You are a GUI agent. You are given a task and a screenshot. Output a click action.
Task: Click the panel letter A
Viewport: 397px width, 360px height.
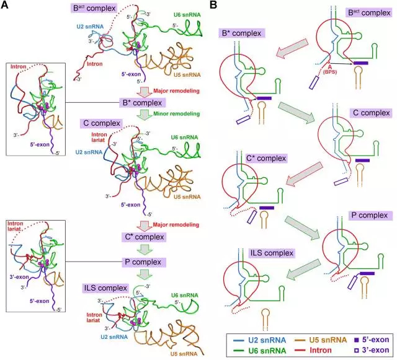click(4, 5)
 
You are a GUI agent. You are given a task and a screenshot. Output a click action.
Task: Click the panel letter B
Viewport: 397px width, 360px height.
click(213, 5)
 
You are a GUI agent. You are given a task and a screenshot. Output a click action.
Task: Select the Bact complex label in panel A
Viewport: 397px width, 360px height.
click(94, 8)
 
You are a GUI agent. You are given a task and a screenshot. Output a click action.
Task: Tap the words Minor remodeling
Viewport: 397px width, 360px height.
click(176, 114)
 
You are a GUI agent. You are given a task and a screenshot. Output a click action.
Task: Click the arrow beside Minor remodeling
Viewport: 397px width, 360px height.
click(145, 114)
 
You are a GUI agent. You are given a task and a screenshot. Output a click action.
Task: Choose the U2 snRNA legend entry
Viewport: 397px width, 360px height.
click(259, 340)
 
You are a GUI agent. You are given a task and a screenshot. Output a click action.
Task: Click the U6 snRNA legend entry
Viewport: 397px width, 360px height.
click(259, 350)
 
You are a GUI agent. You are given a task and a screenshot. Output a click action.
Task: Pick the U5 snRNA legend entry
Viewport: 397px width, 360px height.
click(321, 340)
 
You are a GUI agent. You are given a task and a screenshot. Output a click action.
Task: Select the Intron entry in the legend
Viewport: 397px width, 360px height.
click(313, 350)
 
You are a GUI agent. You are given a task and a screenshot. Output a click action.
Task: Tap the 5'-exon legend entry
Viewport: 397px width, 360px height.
click(372, 340)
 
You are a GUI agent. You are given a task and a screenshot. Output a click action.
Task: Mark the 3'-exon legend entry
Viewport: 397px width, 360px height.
click(372, 350)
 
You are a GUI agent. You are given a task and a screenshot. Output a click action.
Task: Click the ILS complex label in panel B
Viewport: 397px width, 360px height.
click(272, 253)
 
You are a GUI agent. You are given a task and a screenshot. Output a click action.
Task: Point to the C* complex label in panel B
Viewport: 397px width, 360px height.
click(266, 159)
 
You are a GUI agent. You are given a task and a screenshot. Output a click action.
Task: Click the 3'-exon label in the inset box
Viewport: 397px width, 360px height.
click(19, 277)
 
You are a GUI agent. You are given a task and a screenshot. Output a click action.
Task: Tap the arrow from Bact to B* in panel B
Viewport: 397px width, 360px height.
click(292, 48)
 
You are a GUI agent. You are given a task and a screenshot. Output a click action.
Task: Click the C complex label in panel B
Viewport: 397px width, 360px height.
click(371, 113)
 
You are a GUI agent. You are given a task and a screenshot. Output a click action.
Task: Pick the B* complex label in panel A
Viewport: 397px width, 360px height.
click(142, 103)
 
